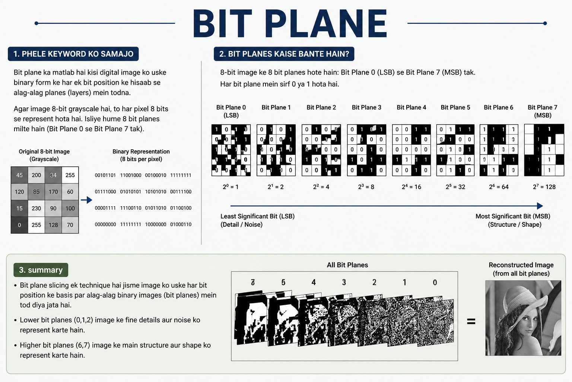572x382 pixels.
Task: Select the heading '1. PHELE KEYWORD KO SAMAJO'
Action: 73,54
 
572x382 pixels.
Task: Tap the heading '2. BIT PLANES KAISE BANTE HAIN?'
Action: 284,54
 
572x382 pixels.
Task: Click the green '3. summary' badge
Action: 41,270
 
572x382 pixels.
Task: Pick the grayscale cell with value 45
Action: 19,175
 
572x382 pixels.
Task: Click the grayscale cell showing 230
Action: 36,208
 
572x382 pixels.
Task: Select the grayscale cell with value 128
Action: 53,225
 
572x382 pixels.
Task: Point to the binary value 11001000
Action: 131,175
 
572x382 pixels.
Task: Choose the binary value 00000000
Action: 105,225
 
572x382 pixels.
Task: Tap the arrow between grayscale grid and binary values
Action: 86,200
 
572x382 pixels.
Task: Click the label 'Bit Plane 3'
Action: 366,107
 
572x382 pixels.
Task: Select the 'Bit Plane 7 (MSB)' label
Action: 543,111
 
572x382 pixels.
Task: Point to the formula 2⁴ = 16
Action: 411,187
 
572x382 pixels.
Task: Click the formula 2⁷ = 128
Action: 544,187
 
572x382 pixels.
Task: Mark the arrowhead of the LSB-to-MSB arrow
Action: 540,206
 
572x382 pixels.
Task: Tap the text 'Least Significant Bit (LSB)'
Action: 257,216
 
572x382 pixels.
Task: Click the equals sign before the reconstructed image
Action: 471,321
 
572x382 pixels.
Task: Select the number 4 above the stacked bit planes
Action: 314,282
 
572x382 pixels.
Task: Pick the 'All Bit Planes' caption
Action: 347,265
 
